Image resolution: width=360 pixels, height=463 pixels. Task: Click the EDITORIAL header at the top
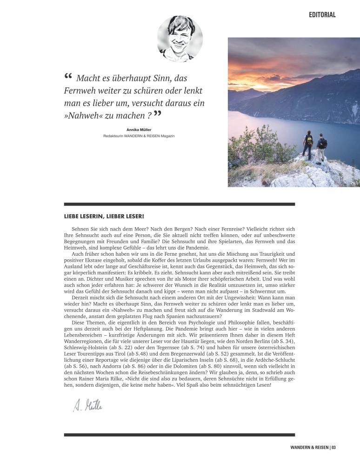pyautogui.click(x=322, y=15)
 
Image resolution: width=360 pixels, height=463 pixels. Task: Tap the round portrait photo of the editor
pyautogui.click(x=180, y=39)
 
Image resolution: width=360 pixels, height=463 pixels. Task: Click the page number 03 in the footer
pyautogui.click(x=333, y=448)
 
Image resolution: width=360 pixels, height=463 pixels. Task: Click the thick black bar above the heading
pyautogui.click(x=179, y=204)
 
